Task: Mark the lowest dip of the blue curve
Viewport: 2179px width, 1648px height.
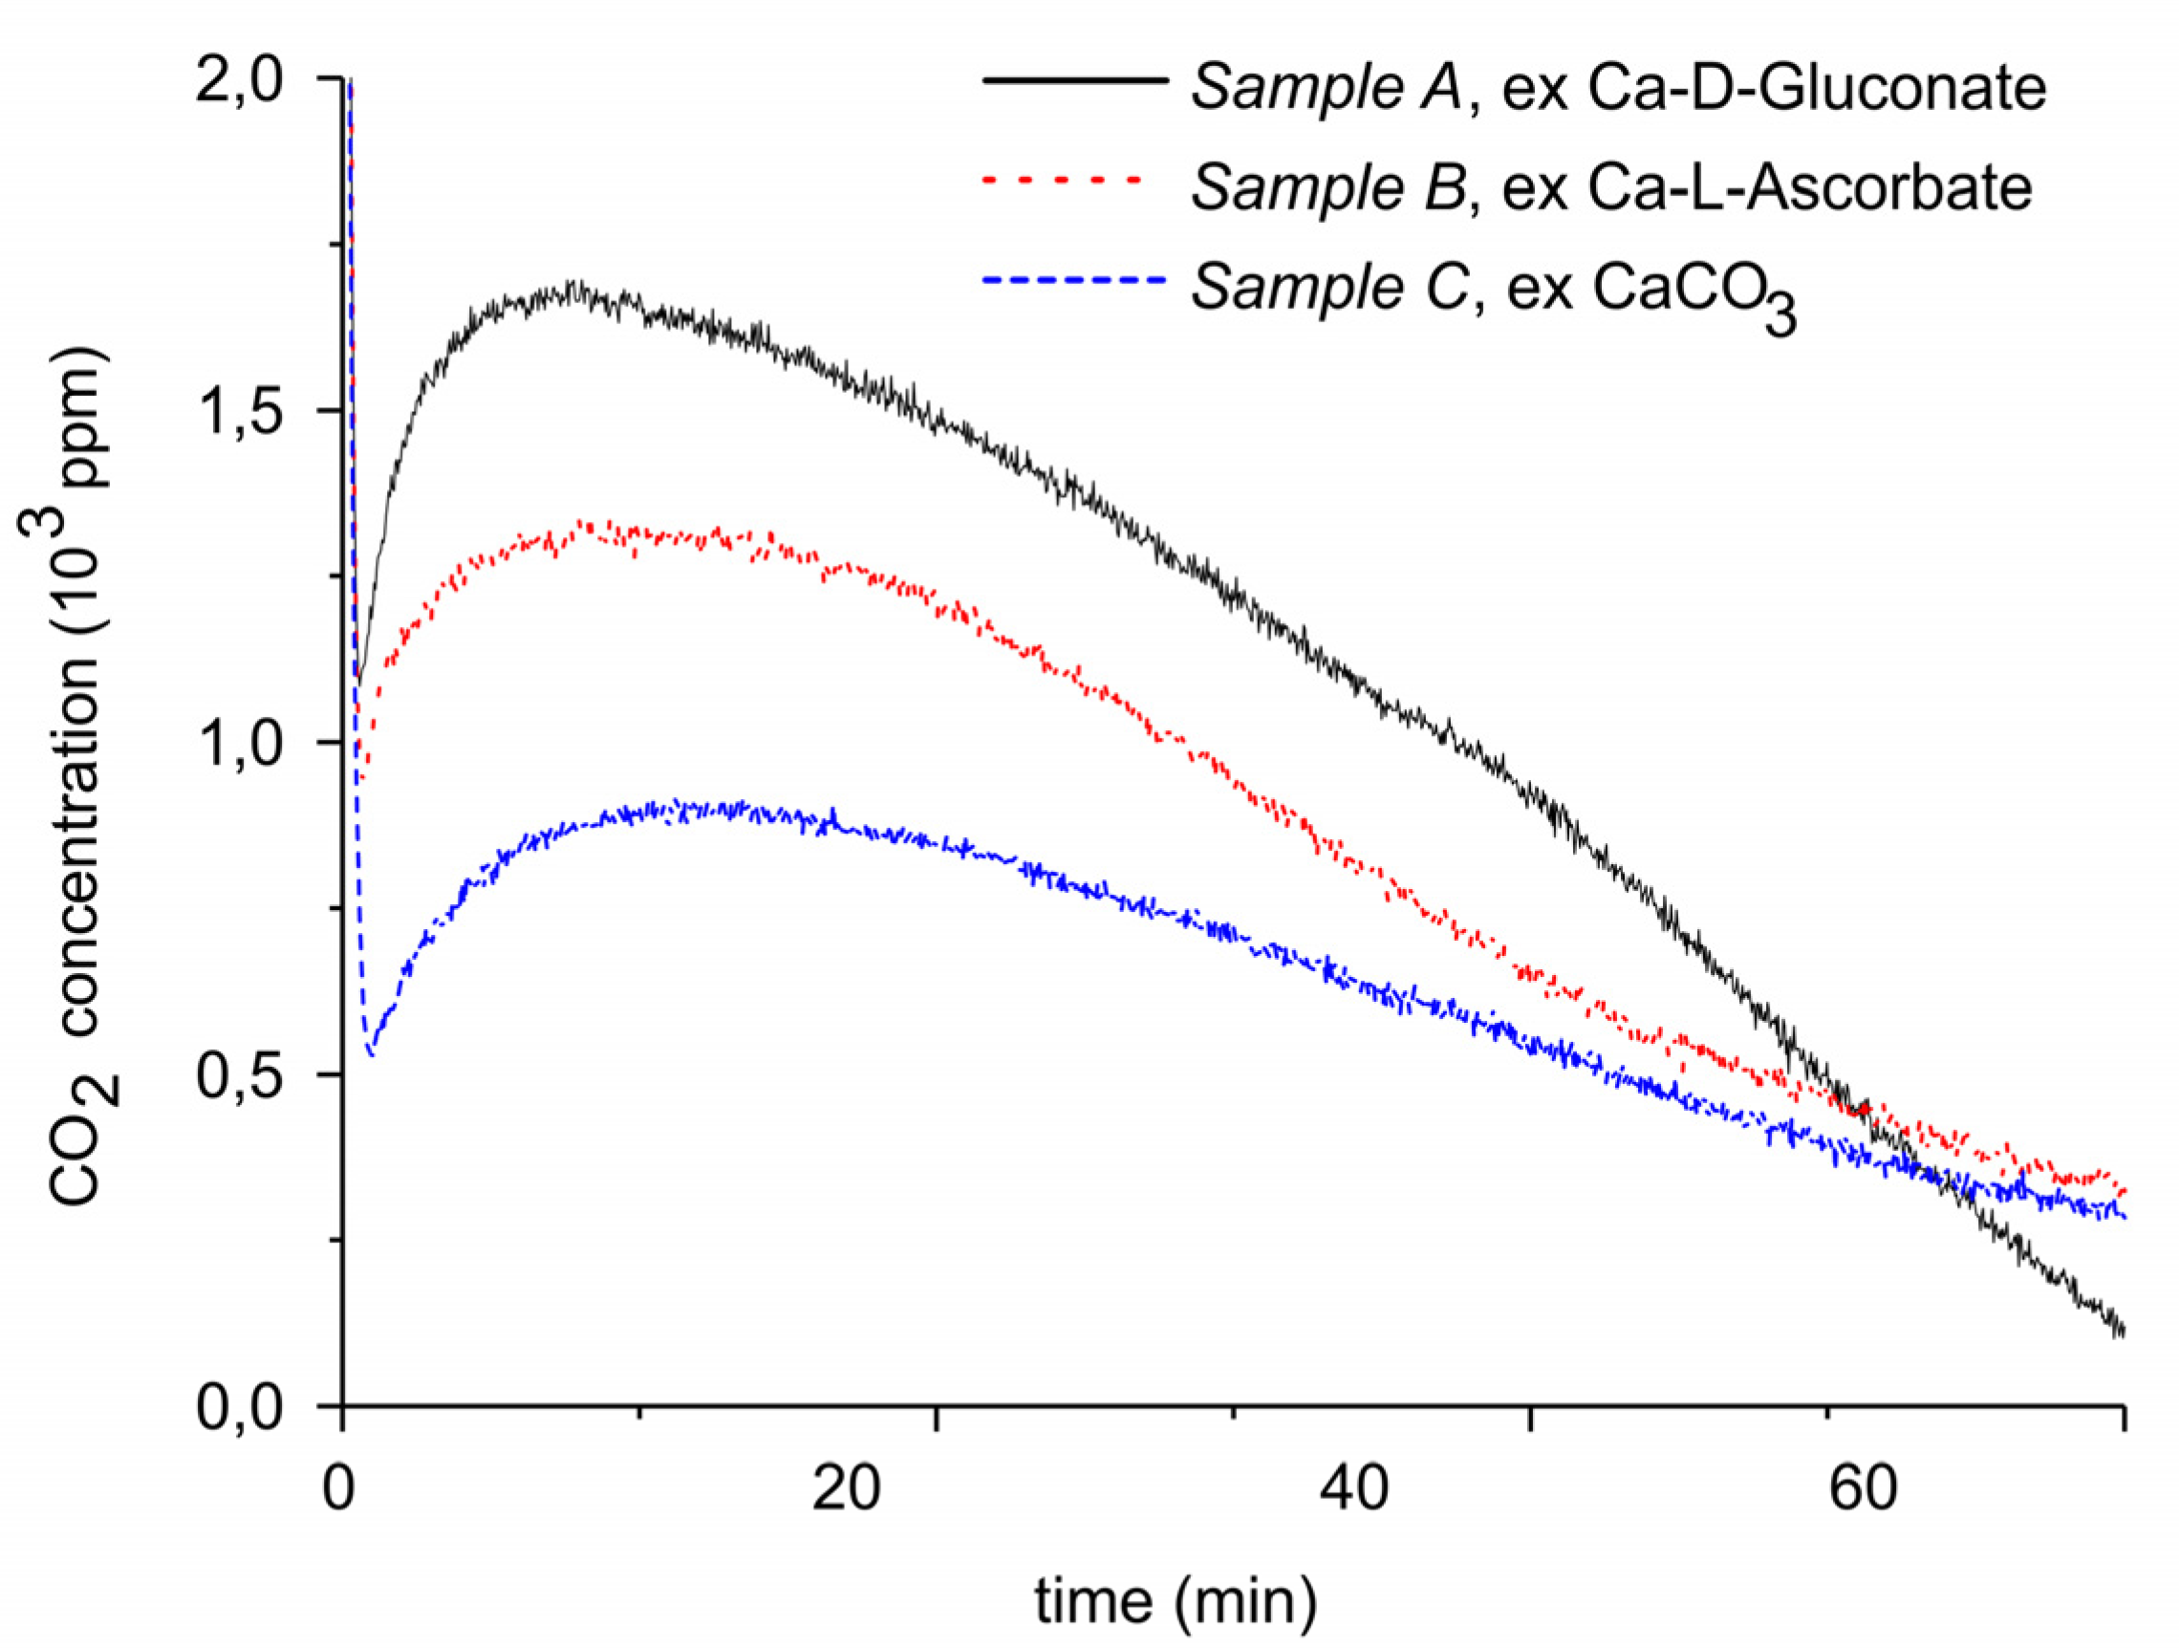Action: click(x=371, y=1054)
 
